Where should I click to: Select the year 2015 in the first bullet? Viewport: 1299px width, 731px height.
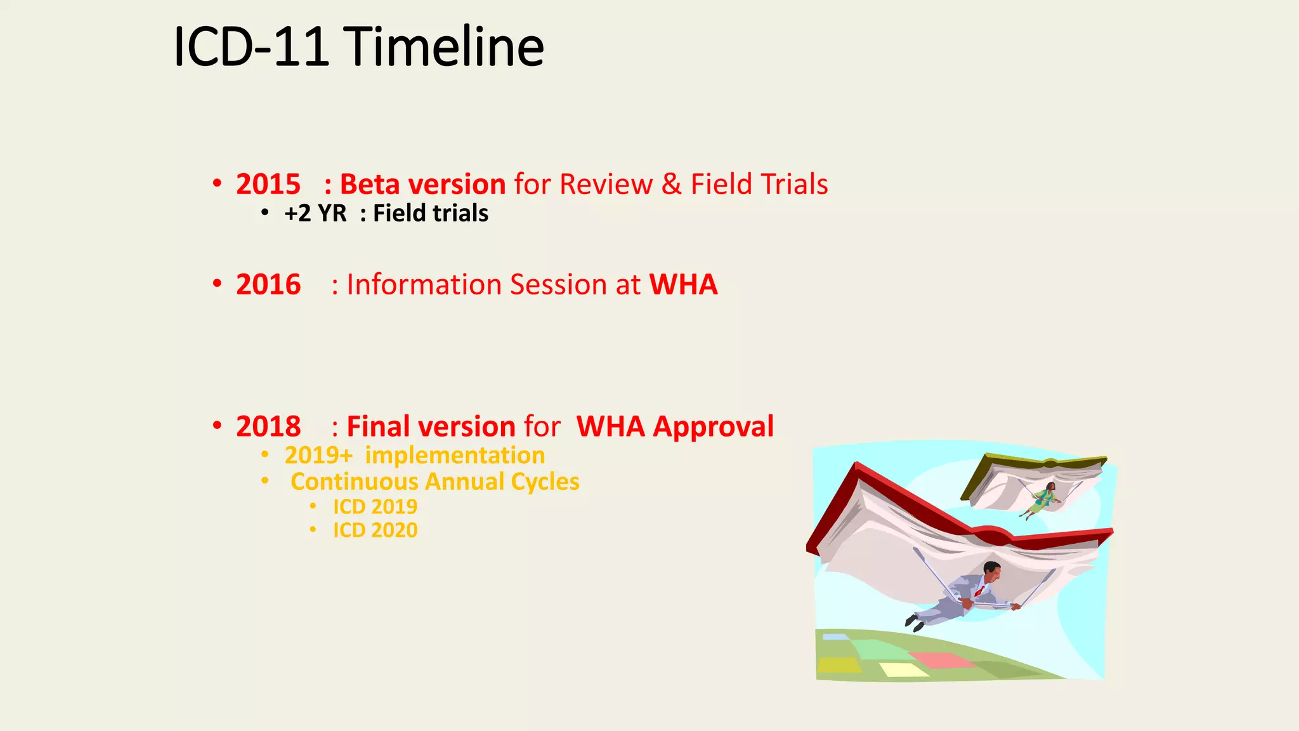tap(268, 185)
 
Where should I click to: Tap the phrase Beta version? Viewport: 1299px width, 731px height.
tap(422, 185)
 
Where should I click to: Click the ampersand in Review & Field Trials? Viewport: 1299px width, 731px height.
tap(671, 185)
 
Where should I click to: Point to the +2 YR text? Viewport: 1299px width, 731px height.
tap(315, 214)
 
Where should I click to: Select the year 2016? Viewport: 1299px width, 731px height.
tap(268, 284)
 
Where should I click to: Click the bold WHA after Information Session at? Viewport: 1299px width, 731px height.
tap(683, 284)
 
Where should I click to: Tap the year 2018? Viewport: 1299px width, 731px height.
tap(268, 426)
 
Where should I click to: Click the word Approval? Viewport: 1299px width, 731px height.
tap(714, 426)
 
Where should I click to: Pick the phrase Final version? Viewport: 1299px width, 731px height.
tap(431, 426)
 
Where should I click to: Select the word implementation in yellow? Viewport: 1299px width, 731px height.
tap(455, 456)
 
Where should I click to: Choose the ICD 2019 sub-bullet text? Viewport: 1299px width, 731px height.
tap(375, 507)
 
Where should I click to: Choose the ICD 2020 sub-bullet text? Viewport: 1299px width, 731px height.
tap(375, 530)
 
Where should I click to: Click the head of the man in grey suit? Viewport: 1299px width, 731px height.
tap(991, 570)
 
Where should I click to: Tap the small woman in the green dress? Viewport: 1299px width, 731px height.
tap(1041, 499)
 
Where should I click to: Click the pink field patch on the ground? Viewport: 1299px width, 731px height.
tap(940, 660)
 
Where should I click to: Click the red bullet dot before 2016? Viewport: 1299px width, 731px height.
tap(217, 284)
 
